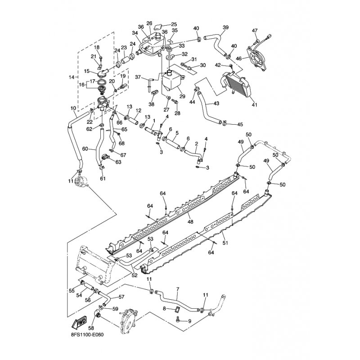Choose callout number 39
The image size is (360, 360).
point(225,27)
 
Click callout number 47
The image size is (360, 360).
point(255,31)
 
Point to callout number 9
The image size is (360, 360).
point(189,321)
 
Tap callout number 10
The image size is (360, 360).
point(73,108)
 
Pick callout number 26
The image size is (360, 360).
point(149,23)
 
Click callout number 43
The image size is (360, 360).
point(216,103)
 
